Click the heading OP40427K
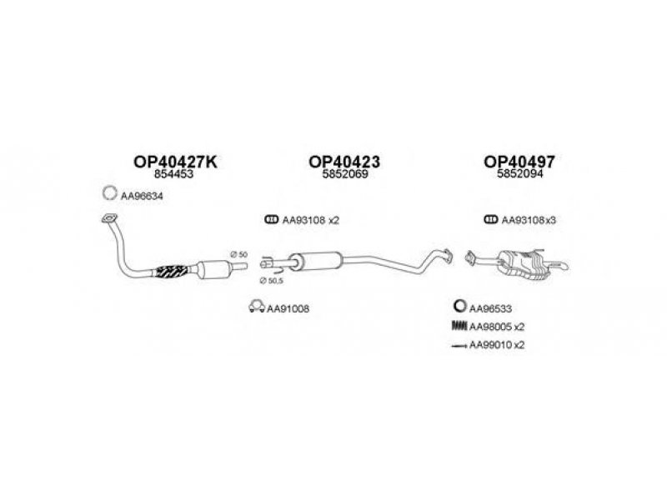point(175,162)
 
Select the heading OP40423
point(344,162)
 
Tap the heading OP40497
point(519,162)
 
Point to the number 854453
point(173,174)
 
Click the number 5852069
point(345,174)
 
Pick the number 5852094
point(519,174)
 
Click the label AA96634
point(142,197)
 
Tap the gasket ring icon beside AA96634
point(110,193)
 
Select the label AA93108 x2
point(311,220)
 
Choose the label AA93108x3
point(529,220)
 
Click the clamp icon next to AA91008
point(257,307)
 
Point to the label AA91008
point(288,309)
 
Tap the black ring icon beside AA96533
point(460,306)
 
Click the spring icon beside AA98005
point(459,326)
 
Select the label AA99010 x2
point(497,345)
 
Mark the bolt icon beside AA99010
point(459,346)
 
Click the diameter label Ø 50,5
point(271,281)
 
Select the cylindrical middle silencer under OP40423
point(316,260)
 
